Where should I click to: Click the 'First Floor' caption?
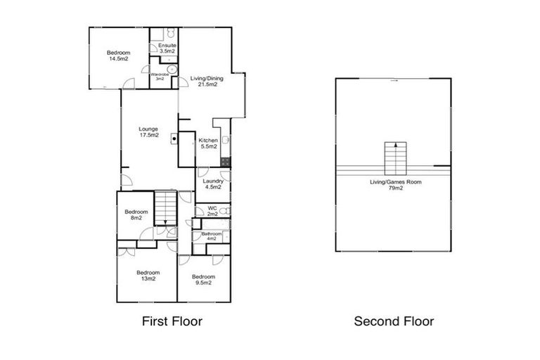point(172,321)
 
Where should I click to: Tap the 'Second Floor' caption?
point(394,321)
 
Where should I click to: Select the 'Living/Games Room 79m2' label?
point(396,185)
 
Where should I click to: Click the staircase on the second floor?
point(396,159)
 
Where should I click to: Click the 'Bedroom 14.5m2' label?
point(118,56)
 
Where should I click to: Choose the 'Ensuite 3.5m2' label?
point(167,49)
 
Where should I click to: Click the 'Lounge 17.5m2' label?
point(148,132)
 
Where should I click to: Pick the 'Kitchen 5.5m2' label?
point(208,143)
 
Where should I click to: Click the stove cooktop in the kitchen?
point(225,161)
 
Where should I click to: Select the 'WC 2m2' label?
point(212,211)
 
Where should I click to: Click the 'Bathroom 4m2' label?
point(212,236)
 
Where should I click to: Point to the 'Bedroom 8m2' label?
point(136,215)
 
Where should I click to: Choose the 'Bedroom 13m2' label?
point(148,276)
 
